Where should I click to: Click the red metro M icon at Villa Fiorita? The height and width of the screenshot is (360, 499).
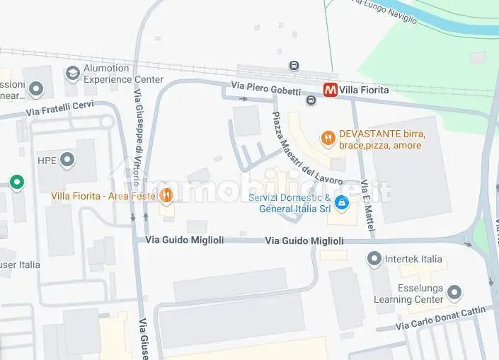coord(330,90)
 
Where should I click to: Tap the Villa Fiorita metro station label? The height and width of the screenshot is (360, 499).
coord(364,90)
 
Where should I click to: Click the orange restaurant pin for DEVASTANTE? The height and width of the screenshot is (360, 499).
coord(327,139)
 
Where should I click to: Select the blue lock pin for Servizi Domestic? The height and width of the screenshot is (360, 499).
coord(342,203)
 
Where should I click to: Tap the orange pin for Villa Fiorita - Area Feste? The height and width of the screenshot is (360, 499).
coord(166,195)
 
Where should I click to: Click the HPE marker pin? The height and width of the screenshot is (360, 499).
coord(67,160)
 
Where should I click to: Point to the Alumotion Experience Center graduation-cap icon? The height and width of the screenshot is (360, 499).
coord(72,73)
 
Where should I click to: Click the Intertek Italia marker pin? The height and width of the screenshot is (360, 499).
coord(374,259)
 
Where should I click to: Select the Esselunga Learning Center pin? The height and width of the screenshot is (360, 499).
coord(455,292)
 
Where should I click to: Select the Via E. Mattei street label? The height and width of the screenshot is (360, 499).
coord(367,206)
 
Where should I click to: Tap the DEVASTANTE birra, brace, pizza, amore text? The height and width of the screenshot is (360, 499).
coord(381,139)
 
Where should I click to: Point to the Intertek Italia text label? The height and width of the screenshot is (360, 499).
coord(413,259)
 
